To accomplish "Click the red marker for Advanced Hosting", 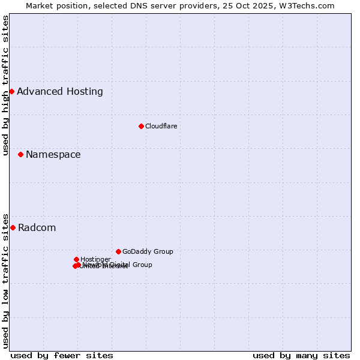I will (x=11, y=91).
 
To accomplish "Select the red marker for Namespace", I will (x=20, y=154).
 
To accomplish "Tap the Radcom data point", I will (x=13, y=227).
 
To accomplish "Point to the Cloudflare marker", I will (x=141, y=126).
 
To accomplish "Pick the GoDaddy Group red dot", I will (x=118, y=251).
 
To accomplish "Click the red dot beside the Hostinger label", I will (x=76, y=259).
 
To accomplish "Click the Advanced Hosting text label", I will (x=60, y=92).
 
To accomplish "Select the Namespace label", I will (x=53, y=155).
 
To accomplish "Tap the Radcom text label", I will (x=37, y=228).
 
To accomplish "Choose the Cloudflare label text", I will (x=161, y=126).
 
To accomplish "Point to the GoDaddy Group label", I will (x=148, y=252).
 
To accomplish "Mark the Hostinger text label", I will (x=95, y=259).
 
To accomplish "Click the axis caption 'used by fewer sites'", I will (x=62, y=355).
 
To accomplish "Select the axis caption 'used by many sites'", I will (x=301, y=355).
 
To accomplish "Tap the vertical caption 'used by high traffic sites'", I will (x=6, y=85).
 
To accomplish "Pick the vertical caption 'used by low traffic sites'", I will (x=6, y=280).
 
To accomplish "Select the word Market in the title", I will (x=39, y=5).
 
